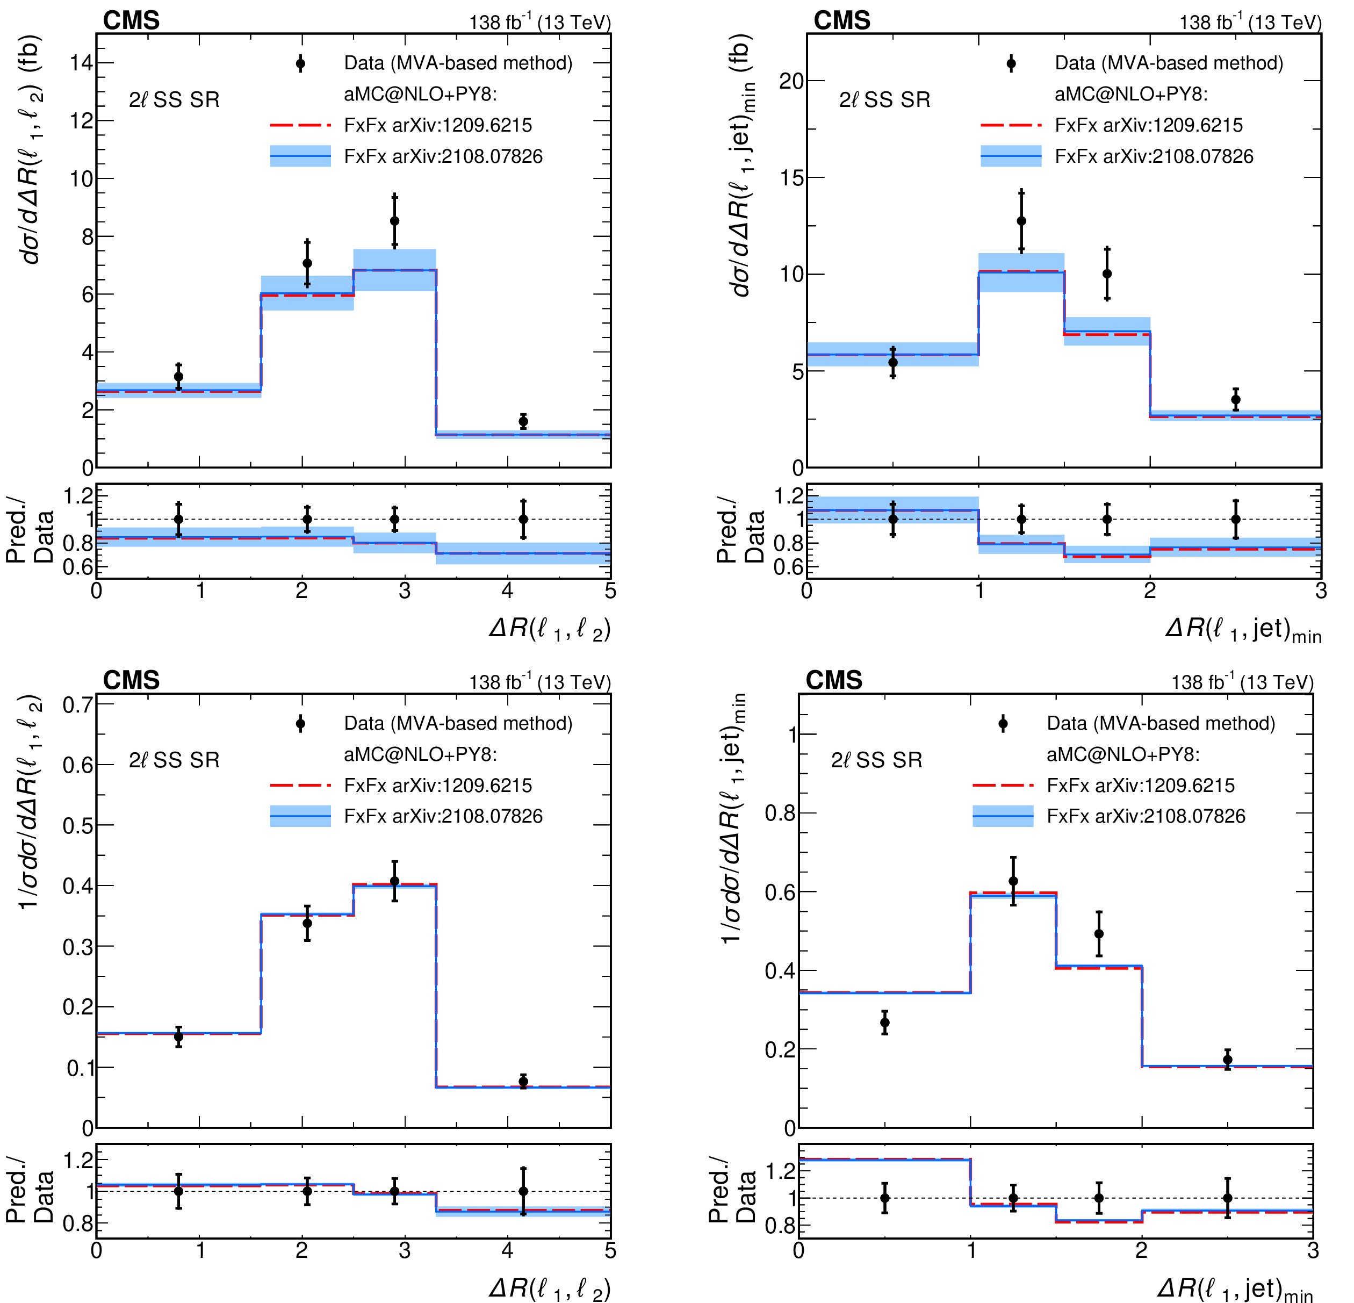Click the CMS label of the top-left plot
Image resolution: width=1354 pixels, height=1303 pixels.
[x=131, y=21]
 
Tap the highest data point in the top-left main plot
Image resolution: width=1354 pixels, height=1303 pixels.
[x=394, y=221]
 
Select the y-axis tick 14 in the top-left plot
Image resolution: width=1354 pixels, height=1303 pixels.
[x=82, y=63]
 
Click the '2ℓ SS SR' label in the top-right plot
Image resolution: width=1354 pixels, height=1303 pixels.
[x=884, y=100]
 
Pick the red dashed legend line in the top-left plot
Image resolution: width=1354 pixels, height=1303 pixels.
[x=300, y=125]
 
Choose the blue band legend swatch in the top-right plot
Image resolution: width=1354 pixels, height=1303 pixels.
[x=1011, y=156]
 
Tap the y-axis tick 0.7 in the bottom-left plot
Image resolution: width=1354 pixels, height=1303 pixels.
[x=77, y=705]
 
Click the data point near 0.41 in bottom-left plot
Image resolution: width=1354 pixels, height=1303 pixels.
[x=394, y=882]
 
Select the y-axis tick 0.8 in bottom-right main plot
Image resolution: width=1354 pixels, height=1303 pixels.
[x=780, y=813]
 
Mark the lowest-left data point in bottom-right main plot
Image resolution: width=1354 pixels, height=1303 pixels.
[x=884, y=1023]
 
